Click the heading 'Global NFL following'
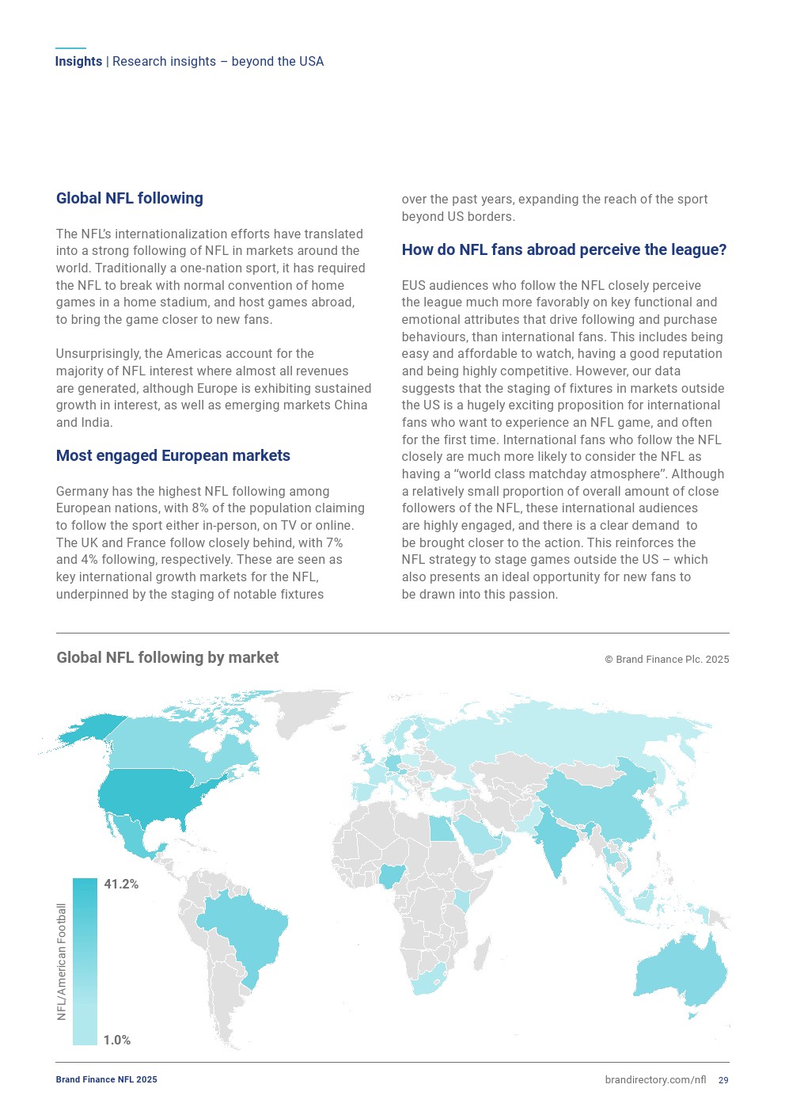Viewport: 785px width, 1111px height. (x=129, y=199)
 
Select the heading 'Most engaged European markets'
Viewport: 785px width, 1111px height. (x=173, y=456)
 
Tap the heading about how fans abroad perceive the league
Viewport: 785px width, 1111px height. (x=563, y=250)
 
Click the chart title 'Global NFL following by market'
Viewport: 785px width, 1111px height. (x=167, y=658)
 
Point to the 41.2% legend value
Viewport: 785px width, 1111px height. (x=121, y=885)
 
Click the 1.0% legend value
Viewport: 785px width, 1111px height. (x=117, y=1041)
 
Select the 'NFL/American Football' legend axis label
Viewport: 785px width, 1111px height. (x=62, y=961)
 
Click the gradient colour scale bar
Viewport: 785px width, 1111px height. (x=85, y=961)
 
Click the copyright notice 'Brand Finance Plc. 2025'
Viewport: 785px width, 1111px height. (x=666, y=660)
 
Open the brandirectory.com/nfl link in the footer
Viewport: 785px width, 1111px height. (x=655, y=1080)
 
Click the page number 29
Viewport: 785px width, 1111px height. (x=723, y=1080)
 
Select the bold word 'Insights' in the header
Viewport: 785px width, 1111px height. (x=78, y=62)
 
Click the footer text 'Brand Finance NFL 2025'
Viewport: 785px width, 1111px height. (x=106, y=1080)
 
